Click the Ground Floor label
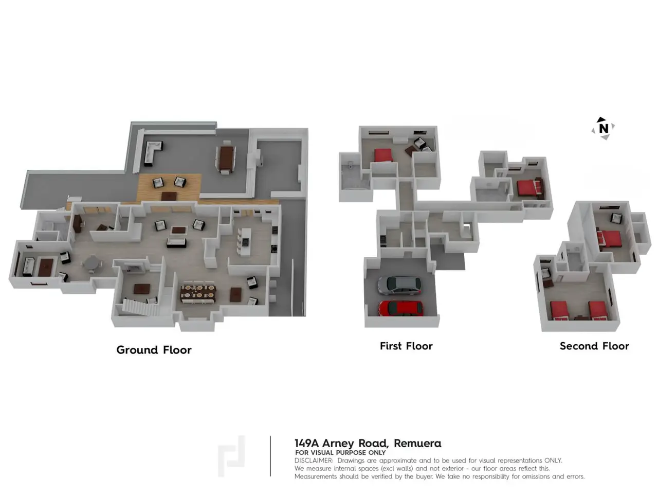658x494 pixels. tap(154, 350)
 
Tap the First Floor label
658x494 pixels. tap(406, 346)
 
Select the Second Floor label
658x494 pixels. tap(594, 346)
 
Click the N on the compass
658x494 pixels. tap(604, 128)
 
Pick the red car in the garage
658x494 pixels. tap(400, 308)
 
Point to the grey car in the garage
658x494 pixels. tap(399, 285)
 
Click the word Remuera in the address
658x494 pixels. tap(417, 443)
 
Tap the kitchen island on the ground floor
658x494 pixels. tap(246, 241)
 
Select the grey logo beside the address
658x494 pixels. tap(231, 456)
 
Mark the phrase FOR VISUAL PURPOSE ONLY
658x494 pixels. tap(340, 453)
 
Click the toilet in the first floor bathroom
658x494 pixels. tap(350, 165)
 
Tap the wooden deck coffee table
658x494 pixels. tap(169, 196)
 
